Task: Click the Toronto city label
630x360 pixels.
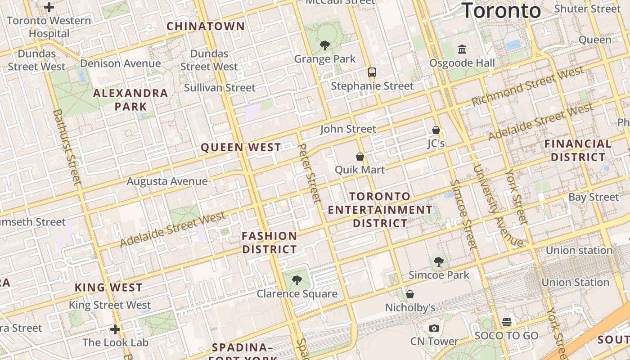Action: pyautogui.click(x=501, y=10)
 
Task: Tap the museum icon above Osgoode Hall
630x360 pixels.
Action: pyautogui.click(x=462, y=49)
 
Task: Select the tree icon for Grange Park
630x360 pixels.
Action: pyautogui.click(x=324, y=45)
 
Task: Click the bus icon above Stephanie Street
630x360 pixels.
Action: pyautogui.click(x=372, y=72)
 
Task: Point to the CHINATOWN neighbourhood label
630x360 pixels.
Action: pyautogui.click(x=206, y=26)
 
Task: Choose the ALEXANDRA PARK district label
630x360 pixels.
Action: pyautogui.click(x=130, y=100)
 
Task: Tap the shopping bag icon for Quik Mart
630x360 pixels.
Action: pyautogui.click(x=360, y=157)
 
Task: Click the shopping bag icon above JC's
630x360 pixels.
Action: pyautogui.click(x=436, y=130)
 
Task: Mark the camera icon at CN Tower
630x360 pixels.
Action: pyautogui.click(x=434, y=328)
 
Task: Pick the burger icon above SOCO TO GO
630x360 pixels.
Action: pyautogui.click(x=507, y=322)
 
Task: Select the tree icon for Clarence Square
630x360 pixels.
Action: pyautogui.click(x=297, y=280)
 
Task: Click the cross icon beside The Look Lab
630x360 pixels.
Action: pyautogui.click(x=115, y=329)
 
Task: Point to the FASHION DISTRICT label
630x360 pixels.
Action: pyautogui.click(x=270, y=243)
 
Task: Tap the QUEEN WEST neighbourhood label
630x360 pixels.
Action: pyautogui.click(x=241, y=147)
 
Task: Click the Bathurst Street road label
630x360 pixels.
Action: pyautogui.click(x=67, y=146)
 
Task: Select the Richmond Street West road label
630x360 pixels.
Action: pyautogui.click(x=527, y=86)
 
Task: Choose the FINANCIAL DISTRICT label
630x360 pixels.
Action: pyautogui.click(x=578, y=150)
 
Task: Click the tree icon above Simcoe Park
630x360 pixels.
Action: pyautogui.click(x=439, y=261)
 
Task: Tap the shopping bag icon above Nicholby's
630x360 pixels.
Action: pyautogui.click(x=410, y=294)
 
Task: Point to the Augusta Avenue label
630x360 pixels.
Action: pyautogui.click(x=167, y=181)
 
